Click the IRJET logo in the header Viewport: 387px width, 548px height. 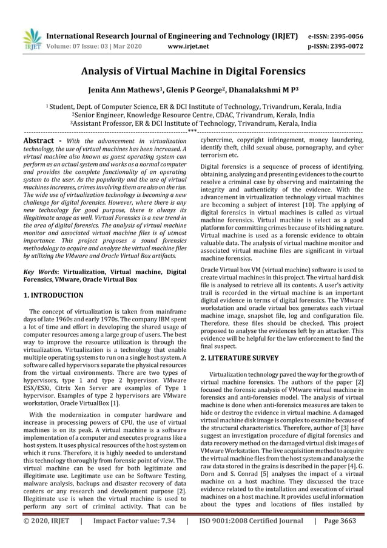[x=31, y=38]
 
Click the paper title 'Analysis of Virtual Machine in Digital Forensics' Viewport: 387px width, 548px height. [x=193, y=70]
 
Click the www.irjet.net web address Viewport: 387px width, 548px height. [x=187, y=46]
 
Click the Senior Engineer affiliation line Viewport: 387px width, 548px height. [x=193, y=114]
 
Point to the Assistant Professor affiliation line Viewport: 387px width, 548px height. [x=193, y=122]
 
